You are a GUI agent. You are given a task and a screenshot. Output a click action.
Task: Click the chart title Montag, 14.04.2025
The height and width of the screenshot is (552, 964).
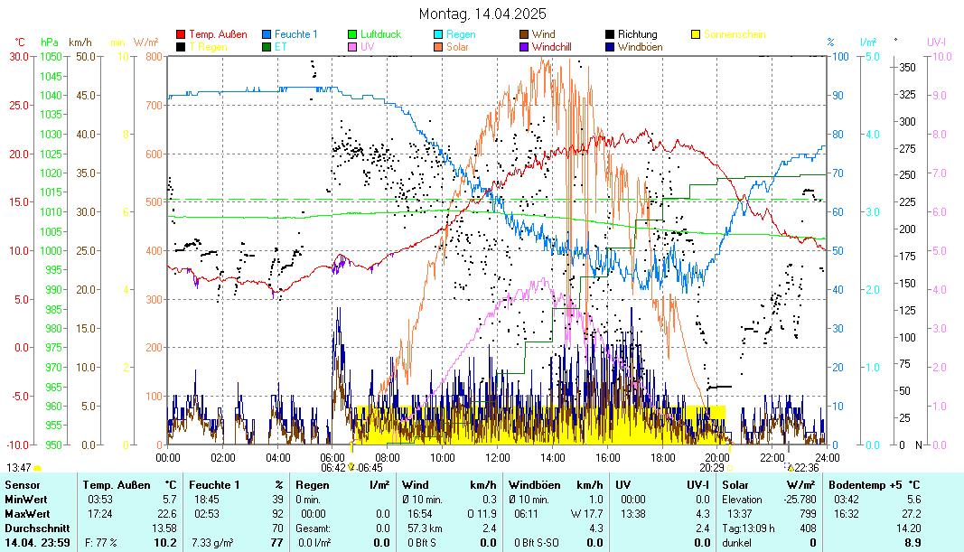(482, 14)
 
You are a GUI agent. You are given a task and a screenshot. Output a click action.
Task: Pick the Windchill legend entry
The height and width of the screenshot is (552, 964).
(557, 46)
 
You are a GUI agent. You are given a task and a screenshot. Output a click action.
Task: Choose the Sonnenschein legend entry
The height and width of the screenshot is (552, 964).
(734, 34)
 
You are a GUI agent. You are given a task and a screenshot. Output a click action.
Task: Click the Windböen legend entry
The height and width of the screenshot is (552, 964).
(638, 46)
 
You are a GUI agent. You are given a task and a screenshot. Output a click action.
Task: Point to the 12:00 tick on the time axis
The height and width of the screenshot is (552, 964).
(497, 457)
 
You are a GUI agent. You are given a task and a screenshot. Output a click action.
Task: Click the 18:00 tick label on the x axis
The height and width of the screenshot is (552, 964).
(662, 457)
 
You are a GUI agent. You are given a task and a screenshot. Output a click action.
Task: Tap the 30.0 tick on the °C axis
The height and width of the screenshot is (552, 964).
(20, 56)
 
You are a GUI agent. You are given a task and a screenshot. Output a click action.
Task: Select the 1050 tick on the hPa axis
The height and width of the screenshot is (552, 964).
(51, 56)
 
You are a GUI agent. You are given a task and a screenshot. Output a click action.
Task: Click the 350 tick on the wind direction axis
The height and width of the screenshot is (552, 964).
(908, 67)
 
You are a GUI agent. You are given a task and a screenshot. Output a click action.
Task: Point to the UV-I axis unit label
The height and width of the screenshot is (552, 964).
(936, 42)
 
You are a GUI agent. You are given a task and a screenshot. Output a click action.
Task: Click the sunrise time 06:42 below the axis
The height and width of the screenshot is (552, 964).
(332, 468)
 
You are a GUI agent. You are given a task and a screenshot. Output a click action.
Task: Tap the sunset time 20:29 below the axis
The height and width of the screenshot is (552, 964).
(712, 468)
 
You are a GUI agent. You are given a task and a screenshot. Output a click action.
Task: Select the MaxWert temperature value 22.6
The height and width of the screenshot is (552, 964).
(166, 513)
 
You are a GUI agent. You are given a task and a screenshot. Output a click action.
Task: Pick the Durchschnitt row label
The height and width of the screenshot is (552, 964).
(33, 528)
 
